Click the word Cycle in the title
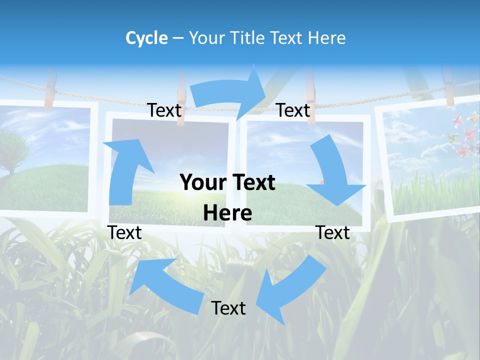146,38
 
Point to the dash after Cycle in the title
177,38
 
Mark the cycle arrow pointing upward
125,170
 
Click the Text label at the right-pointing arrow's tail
164,110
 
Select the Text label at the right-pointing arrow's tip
293,110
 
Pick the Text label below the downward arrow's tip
333,232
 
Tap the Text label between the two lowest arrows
228,308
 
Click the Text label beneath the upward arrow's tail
124,232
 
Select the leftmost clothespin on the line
50,90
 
